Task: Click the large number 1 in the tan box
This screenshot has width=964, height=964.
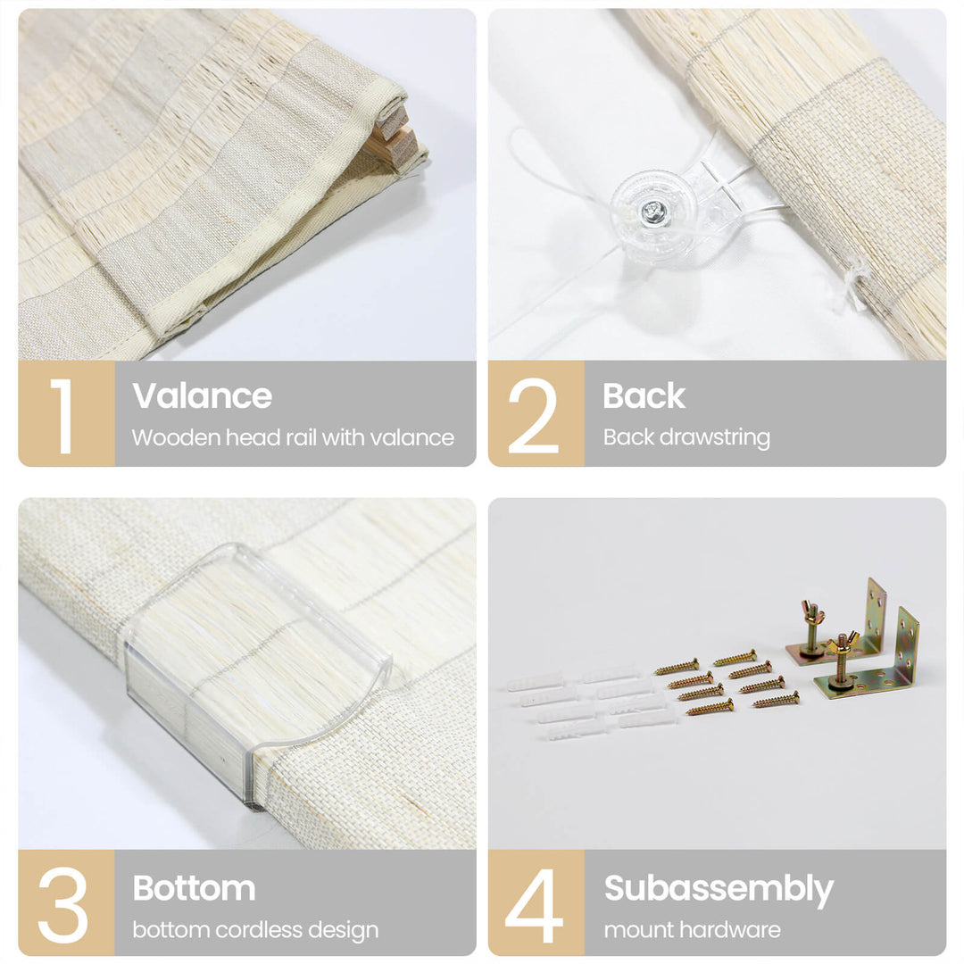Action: (62, 416)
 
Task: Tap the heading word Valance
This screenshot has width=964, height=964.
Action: (202, 395)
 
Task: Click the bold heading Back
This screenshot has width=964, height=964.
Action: (644, 395)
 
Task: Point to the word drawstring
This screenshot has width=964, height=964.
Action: (714, 437)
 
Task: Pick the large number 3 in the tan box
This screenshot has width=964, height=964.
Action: (62, 904)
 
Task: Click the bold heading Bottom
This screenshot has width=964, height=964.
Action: (194, 888)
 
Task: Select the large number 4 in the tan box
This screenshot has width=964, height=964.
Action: (533, 904)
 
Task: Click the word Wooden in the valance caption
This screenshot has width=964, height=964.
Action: (175, 437)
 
